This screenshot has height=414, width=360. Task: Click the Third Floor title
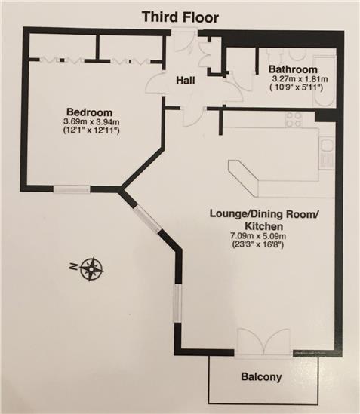coord(180,17)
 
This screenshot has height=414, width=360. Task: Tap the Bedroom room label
coord(90,112)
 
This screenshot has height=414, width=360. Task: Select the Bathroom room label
coord(293,69)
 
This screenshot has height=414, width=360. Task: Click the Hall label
coord(186,80)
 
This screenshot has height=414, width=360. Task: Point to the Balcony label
coord(261,377)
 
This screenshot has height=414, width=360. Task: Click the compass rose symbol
coord(91,269)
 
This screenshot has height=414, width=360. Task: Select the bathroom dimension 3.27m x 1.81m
coord(300,79)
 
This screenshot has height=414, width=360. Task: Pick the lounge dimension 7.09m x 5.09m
coord(258,235)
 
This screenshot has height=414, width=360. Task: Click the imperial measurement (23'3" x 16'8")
coord(257,244)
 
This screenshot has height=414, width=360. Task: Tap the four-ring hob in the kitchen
coord(294,120)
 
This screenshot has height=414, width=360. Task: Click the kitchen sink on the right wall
coord(327,154)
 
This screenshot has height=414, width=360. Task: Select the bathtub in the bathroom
coord(324,81)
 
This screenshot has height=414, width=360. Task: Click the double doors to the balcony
coord(263,341)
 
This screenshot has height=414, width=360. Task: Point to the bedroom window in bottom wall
coord(72,189)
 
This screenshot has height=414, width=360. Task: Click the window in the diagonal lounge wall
coord(147,219)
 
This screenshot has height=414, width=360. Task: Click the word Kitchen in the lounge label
coord(264,226)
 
